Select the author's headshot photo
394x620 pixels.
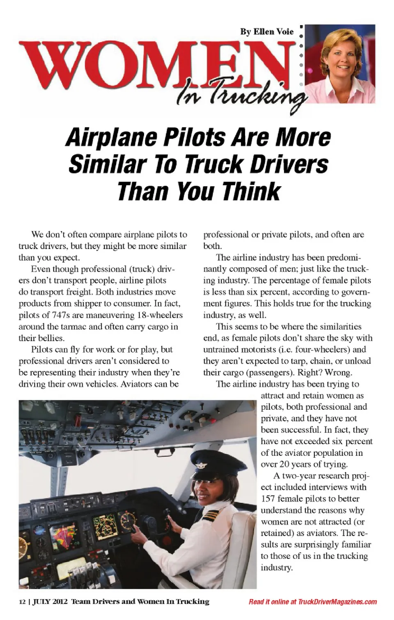pyautogui.click(x=340, y=64)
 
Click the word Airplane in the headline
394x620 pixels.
pyautogui.click(x=111, y=138)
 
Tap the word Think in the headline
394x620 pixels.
pyautogui.click(x=251, y=191)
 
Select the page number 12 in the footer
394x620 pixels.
pyautogui.click(x=22, y=602)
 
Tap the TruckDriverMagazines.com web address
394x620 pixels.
pyautogui.click(x=337, y=602)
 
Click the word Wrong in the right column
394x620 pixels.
pyautogui.click(x=338, y=373)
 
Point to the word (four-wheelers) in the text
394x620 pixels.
pyautogui.click(x=312, y=350)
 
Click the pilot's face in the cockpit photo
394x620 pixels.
pyautogui.click(x=208, y=491)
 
